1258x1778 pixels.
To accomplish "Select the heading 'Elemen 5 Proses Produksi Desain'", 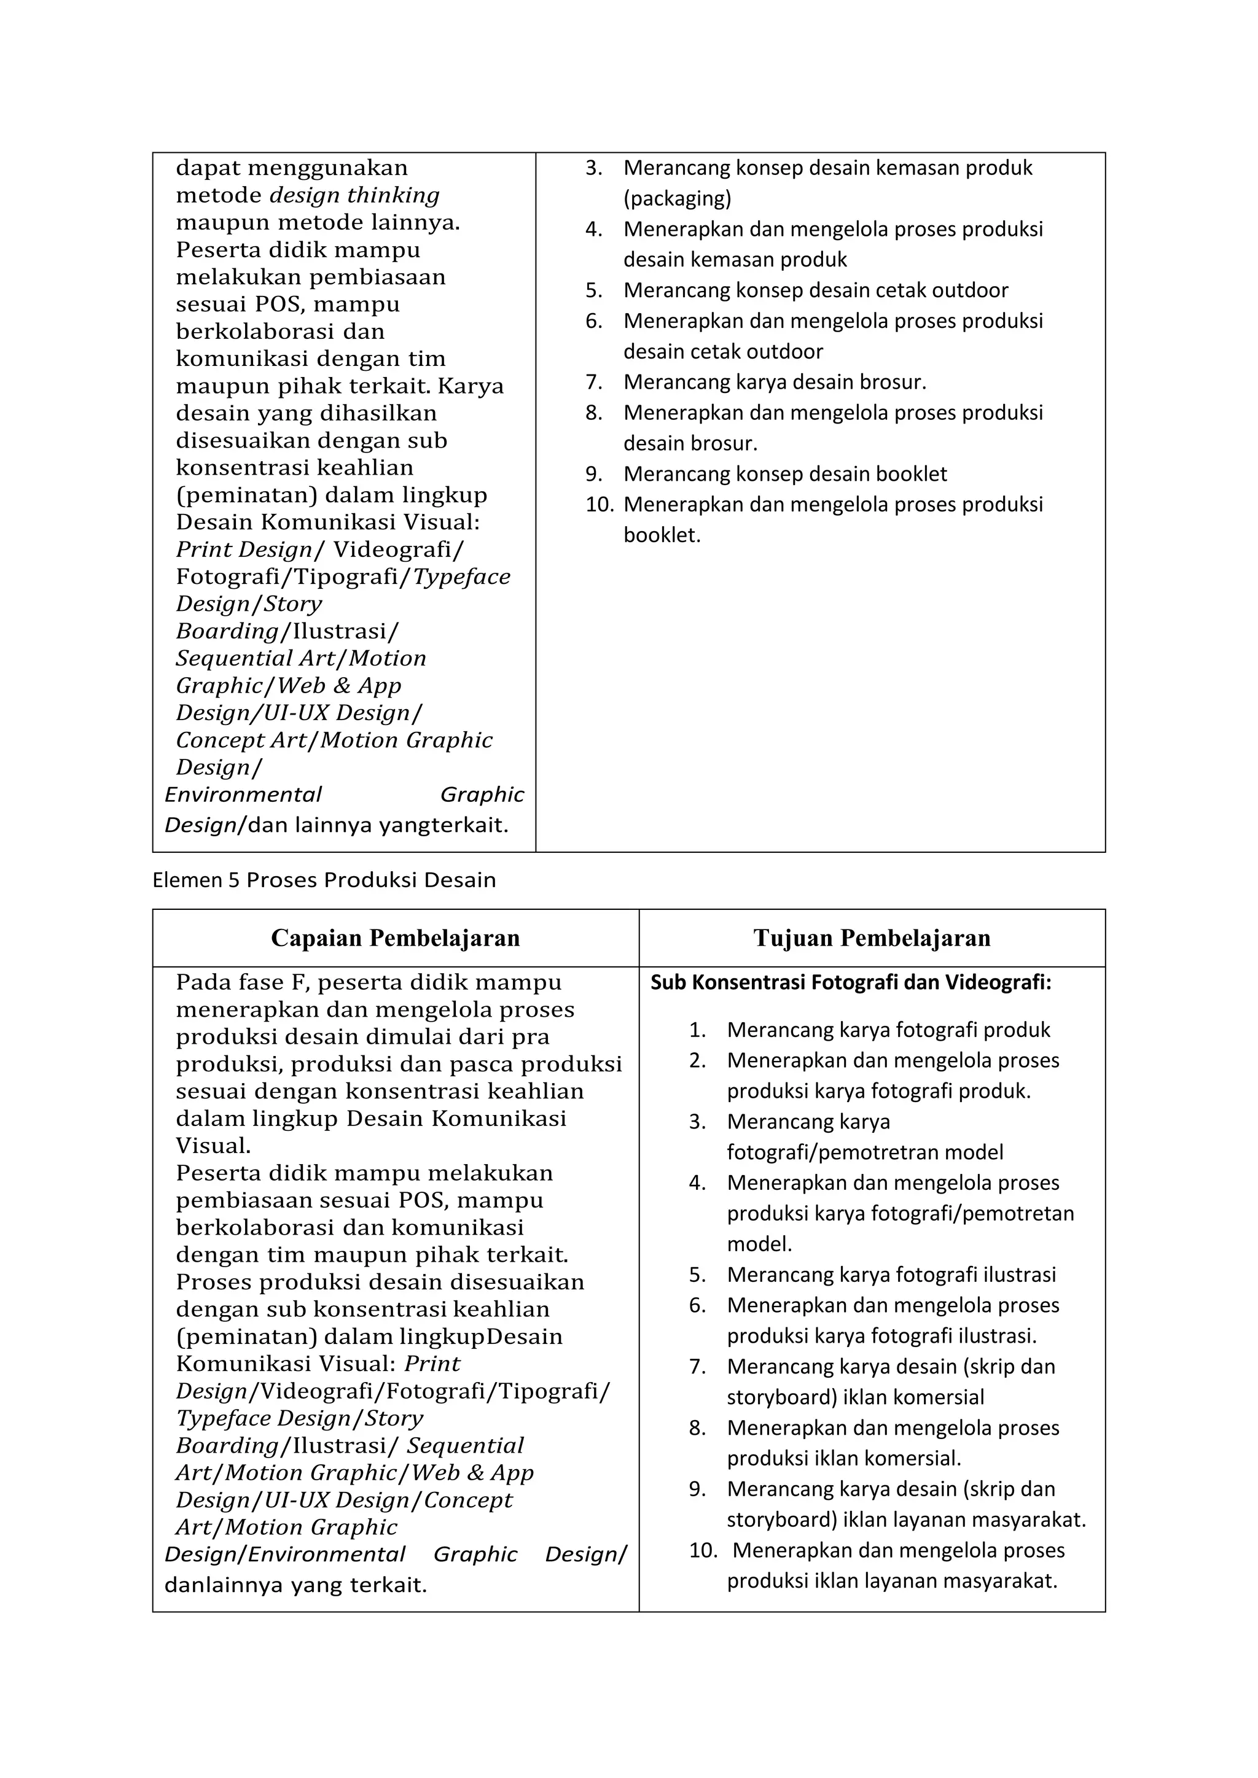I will [324, 880].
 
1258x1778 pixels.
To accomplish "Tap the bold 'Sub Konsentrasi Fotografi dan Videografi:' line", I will [851, 983].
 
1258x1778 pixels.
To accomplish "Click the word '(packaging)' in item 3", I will [677, 198].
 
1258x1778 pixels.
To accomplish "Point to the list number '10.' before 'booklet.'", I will [599, 505].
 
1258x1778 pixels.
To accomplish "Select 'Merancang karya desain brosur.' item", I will [775, 382].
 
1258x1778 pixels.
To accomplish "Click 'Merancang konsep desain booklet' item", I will [784, 474].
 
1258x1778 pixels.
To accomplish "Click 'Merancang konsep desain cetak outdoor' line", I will [815, 290].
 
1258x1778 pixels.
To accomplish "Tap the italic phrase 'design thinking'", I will [354, 195].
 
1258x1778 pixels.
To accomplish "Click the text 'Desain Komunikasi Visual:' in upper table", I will [327, 522].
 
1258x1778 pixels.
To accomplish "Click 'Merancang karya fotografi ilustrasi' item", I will [891, 1275].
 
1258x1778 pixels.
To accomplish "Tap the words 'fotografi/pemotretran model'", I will [864, 1152].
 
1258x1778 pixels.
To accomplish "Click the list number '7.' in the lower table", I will [697, 1367].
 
